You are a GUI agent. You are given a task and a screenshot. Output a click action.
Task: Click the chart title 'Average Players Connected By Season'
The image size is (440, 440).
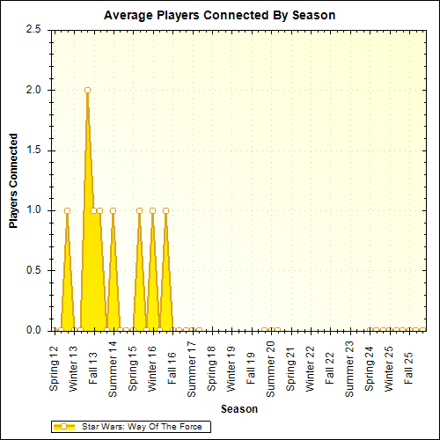(219, 16)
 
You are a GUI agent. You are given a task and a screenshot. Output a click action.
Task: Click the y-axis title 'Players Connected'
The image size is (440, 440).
(13, 180)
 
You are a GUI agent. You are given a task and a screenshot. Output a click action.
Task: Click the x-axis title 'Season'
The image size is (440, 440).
(238, 409)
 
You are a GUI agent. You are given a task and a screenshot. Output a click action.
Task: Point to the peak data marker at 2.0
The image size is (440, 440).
(87, 90)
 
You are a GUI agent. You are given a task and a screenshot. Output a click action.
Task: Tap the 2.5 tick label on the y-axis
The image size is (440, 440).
(33, 29)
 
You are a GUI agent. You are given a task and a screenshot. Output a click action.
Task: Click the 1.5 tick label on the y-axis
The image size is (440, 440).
(33, 150)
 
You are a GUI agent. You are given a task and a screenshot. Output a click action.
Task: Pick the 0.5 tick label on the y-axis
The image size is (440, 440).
(33, 270)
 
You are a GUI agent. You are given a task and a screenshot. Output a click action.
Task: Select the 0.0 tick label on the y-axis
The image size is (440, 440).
(33, 330)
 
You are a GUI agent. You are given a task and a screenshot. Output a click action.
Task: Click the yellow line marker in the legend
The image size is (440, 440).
(64, 427)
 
